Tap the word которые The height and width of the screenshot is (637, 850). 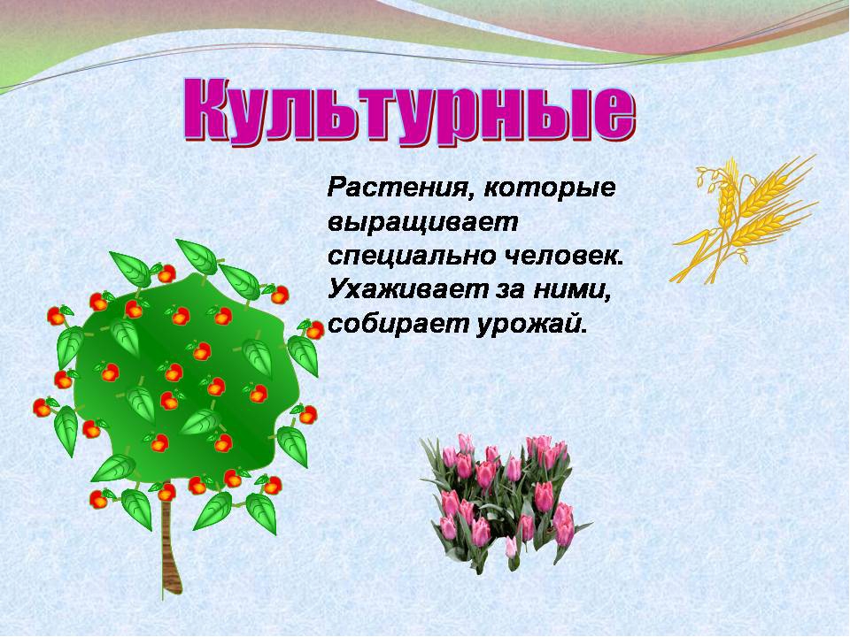click(549, 188)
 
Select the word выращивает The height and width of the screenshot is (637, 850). click(423, 223)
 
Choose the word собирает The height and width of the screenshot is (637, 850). click(398, 325)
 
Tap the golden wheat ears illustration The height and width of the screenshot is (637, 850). click(744, 219)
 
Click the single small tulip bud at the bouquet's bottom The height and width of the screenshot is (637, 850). click(511, 547)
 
